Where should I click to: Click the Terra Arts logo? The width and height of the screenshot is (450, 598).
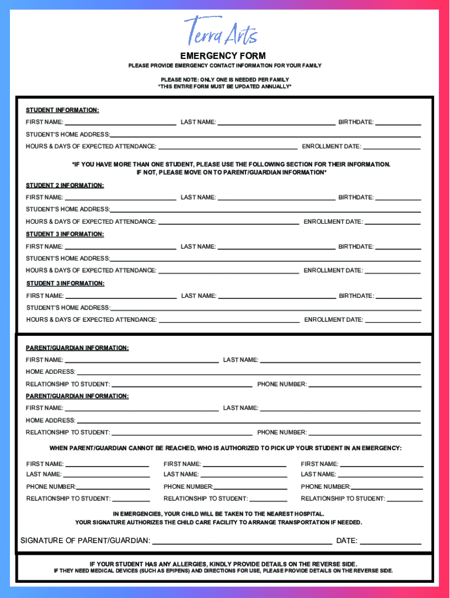coord(221,32)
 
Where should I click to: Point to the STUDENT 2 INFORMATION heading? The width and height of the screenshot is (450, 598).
coord(65,185)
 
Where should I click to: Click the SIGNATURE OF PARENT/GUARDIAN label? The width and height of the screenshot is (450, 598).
coord(85,541)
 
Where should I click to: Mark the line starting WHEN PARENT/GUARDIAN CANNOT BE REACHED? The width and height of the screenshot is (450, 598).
coord(225,448)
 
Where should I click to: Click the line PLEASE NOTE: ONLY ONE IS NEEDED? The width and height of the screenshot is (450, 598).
coord(225,79)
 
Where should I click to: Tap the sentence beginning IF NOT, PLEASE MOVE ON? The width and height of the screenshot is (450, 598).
coord(231,172)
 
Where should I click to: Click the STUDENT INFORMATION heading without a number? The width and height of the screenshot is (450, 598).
coord(63,110)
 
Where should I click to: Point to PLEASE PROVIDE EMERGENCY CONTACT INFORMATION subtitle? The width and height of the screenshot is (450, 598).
coord(225,65)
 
